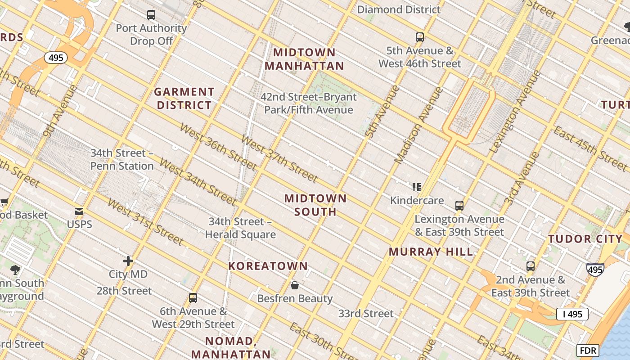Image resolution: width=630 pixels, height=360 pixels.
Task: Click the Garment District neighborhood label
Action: (184, 99)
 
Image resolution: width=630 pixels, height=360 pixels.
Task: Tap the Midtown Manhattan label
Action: (304, 59)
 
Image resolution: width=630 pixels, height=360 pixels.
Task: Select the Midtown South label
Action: (315, 205)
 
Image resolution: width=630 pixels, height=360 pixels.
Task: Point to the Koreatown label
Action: (268, 266)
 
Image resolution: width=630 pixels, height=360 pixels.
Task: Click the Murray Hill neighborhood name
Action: (431, 252)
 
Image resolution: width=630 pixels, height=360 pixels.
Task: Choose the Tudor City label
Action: (585, 239)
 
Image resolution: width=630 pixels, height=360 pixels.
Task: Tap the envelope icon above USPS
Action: (79, 211)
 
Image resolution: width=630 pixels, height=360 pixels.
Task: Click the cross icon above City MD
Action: (128, 261)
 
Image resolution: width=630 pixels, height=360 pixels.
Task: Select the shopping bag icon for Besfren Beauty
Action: (295, 285)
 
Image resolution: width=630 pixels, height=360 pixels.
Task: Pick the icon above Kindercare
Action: (417, 187)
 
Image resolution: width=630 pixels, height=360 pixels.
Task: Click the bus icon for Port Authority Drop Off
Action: (151, 15)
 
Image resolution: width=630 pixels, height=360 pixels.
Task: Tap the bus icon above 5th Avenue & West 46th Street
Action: (420, 37)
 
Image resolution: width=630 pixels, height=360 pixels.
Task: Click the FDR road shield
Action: (588, 350)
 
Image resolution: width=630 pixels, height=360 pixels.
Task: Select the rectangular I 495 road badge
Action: (572, 314)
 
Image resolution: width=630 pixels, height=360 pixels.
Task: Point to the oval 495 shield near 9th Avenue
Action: (56, 58)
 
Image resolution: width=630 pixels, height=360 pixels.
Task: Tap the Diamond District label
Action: (399, 9)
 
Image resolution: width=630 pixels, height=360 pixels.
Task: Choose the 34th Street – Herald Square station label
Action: (240, 228)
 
